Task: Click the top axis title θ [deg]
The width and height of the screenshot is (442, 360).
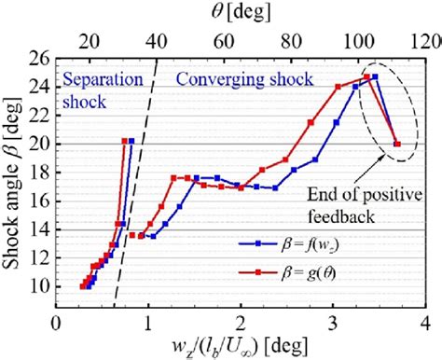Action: click(240, 13)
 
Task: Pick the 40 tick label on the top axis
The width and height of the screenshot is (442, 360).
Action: click(158, 41)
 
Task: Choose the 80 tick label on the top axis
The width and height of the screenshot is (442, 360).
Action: click(292, 41)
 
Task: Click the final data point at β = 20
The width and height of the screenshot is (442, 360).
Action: click(398, 144)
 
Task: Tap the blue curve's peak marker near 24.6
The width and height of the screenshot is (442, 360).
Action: click(375, 77)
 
